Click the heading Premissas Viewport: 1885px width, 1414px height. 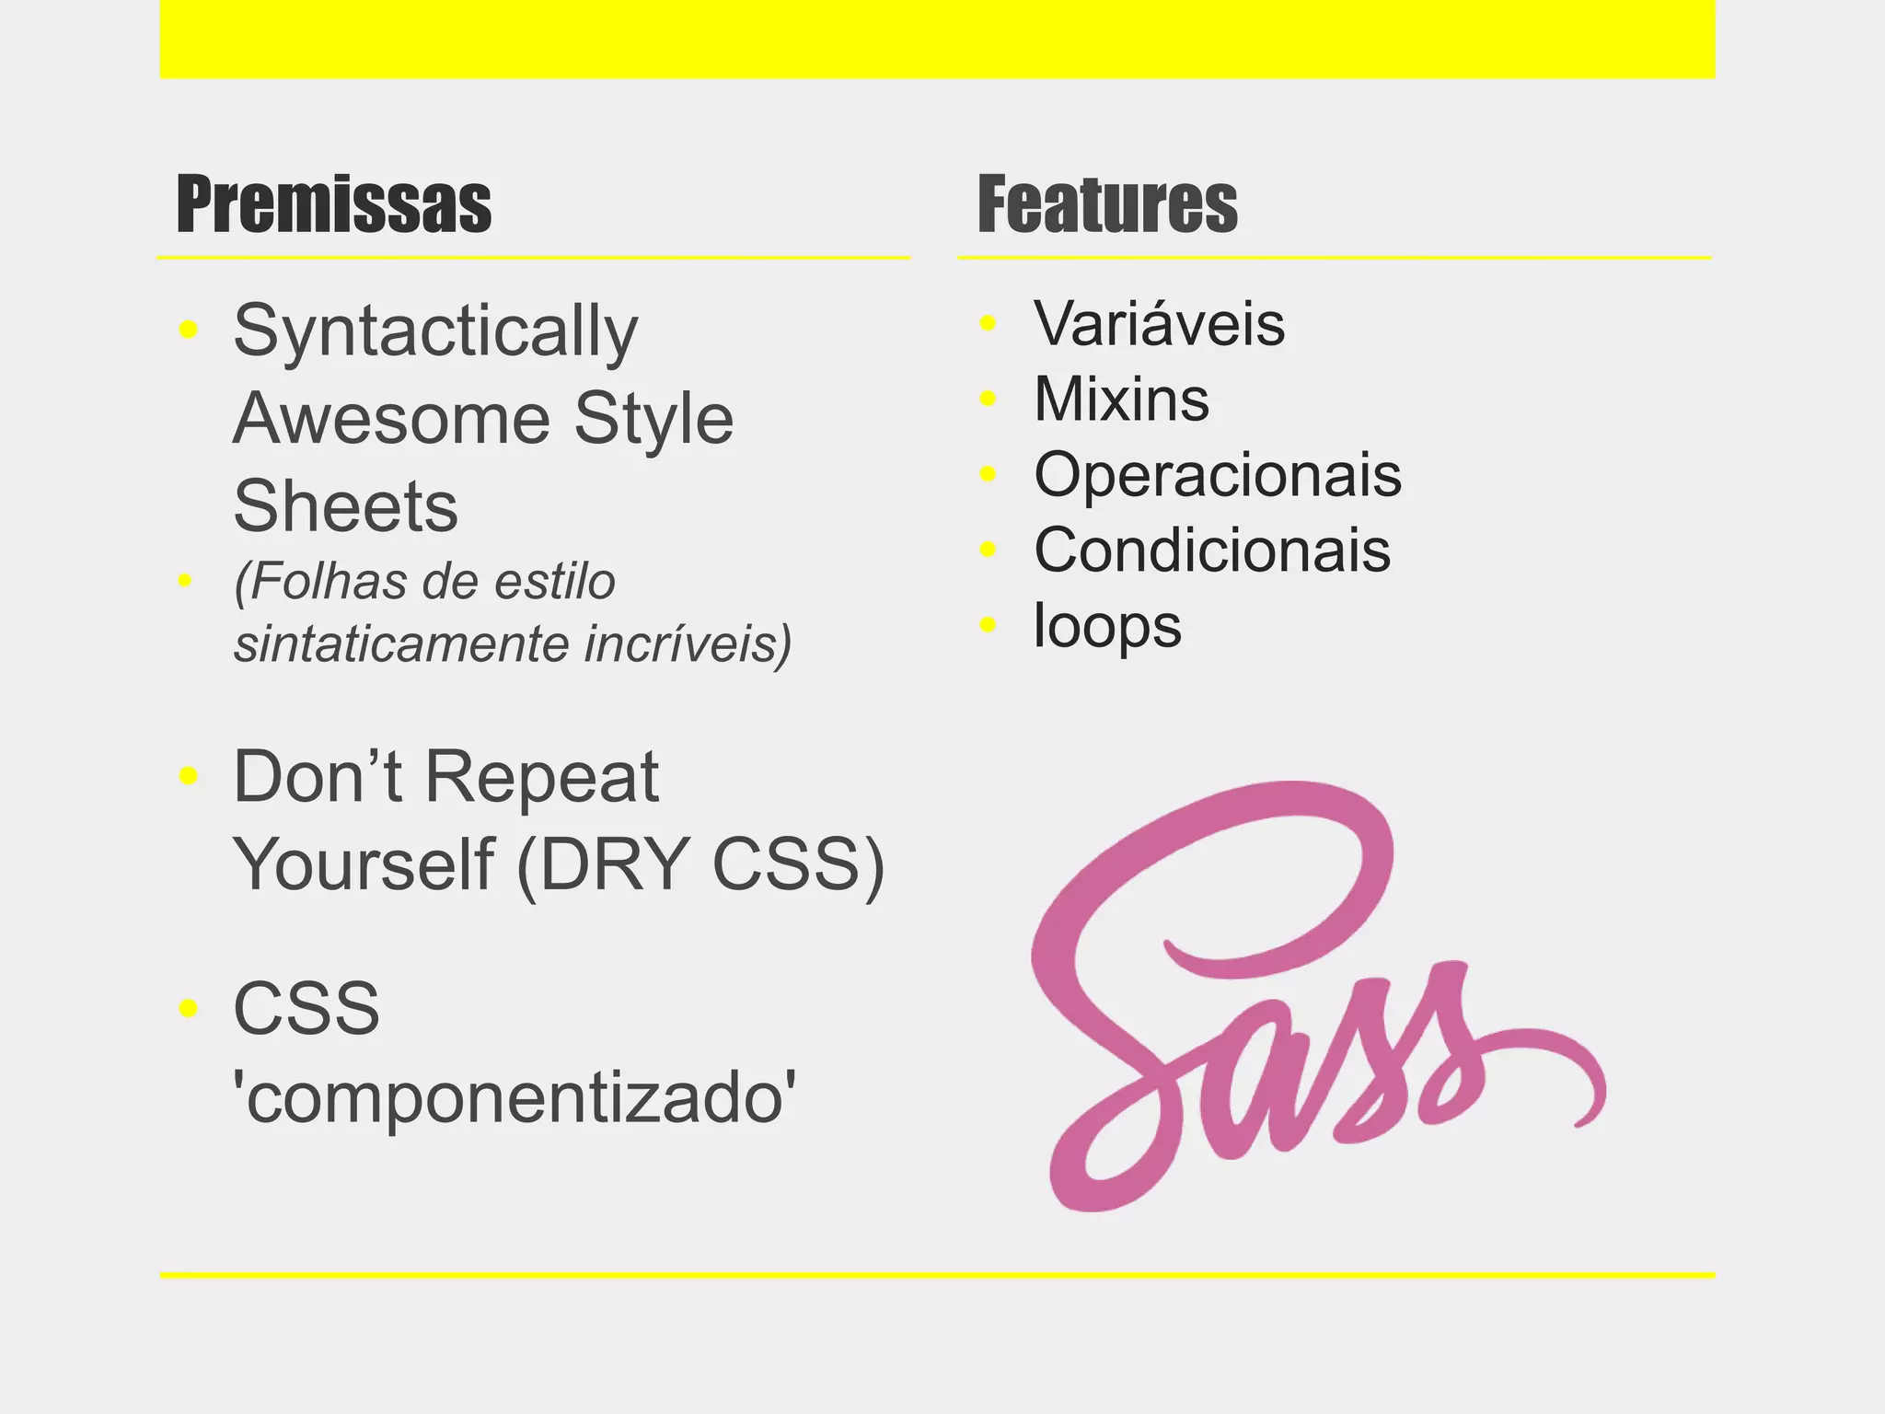pyautogui.click(x=334, y=204)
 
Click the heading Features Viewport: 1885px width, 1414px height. pyautogui.click(x=1107, y=204)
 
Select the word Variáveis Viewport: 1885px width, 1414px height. pyautogui.click(x=1159, y=324)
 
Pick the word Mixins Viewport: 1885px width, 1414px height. pyautogui.click(x=1121, y=400)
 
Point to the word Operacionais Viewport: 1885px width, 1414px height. pyautogui.click(x=1217, y=475)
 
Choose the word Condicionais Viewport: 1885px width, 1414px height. pyautogui.click(x=1211, y=551)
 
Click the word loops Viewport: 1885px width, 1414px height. pyautogui.click(x=1107, y=626)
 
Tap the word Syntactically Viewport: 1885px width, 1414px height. pyautogui.click(x=434, y=331)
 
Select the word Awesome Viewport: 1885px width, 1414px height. pyautogui.click(x=391, y=419)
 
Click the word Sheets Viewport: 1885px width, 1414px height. pyautogui.click(x=345, y=506)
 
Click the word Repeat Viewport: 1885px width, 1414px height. pyautogui.click(x=541, y=777)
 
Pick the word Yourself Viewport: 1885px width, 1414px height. pyautogui.click(x=364, y=864)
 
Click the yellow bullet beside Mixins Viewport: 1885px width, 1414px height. pyautogui.click(x=989, y=399)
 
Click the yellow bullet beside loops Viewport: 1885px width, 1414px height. pyautogui.click(x=989, y=625)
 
